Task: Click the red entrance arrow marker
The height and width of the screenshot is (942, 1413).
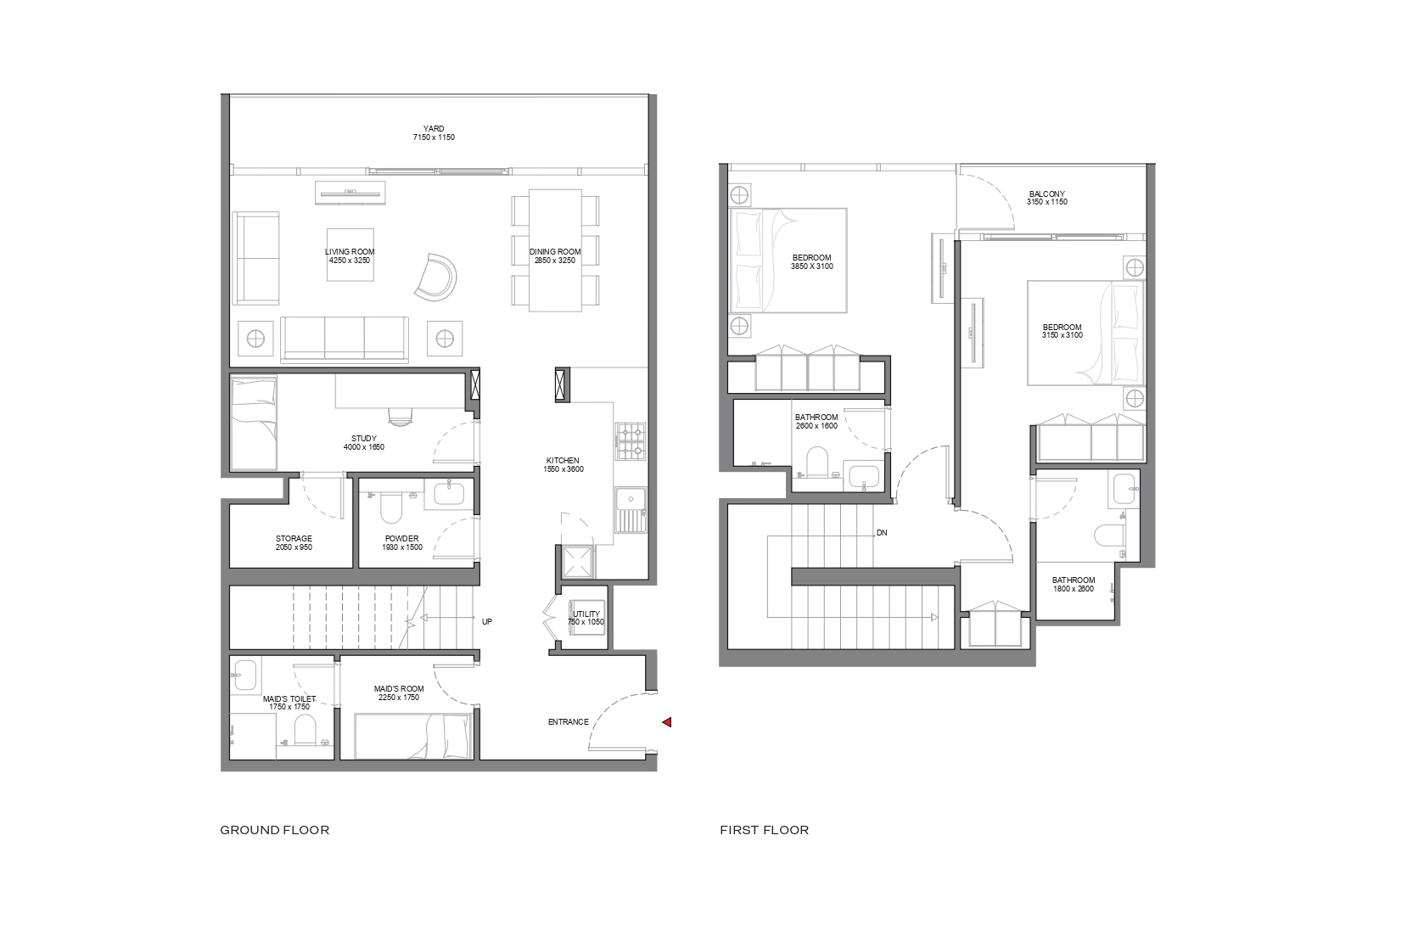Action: [667, 722]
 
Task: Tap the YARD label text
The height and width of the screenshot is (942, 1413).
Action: [434, 129]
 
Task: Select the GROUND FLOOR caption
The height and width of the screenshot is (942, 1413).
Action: [274, 830]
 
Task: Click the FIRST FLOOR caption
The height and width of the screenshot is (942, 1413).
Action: [764, 830]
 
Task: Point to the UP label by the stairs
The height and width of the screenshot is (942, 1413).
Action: [487, 621]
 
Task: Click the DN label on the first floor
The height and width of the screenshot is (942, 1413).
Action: [882, 532]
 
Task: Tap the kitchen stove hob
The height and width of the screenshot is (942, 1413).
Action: [631, 441]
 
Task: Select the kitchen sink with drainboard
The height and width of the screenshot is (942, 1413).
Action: [631, 510]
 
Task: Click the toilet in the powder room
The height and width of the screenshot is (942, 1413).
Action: [391, 507]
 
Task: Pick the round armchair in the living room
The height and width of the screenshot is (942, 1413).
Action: [436, 277]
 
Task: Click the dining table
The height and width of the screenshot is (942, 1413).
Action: [555, 250]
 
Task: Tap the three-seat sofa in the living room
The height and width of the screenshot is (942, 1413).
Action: [345, 339]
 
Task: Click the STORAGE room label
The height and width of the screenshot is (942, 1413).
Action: [294, 539]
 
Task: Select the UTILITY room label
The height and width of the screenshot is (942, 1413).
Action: [586, 614]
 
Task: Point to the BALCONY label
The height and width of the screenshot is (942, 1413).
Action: [1047, 194]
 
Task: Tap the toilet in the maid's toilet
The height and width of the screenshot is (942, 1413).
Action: [305, 733]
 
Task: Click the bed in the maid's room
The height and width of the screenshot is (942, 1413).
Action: [413, 737]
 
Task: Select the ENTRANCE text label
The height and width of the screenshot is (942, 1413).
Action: [569, 722]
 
